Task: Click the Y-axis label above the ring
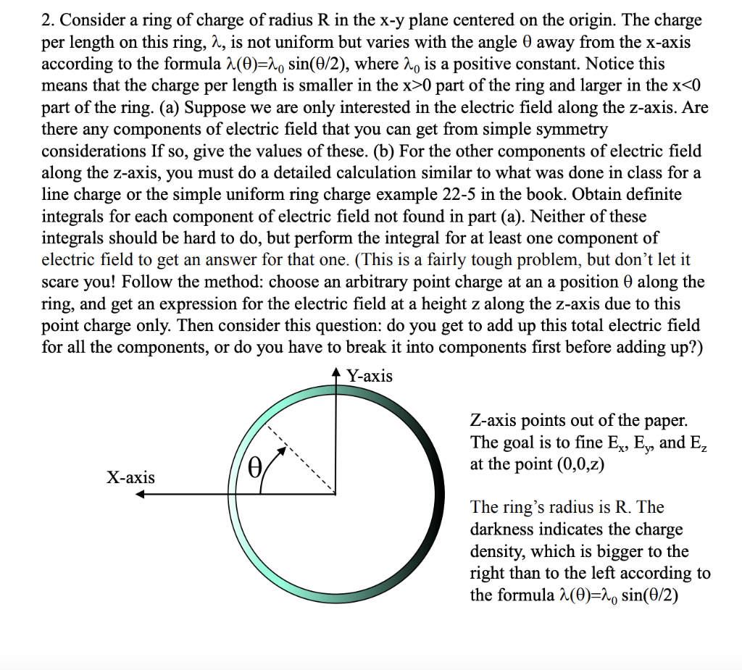point(370,376)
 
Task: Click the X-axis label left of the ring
point(130,477)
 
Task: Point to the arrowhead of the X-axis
point(143,495)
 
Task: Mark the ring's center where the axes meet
point(335,495)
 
